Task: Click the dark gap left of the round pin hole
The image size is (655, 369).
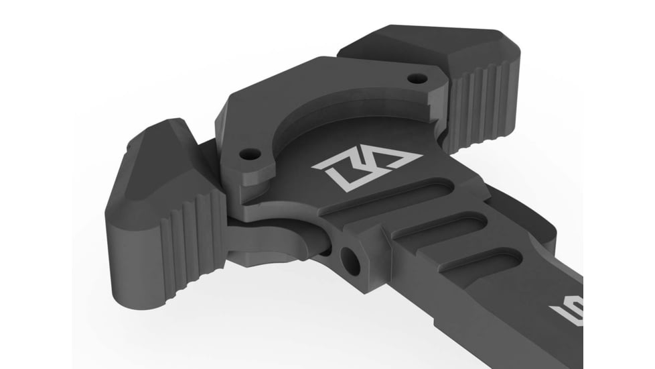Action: pyautogui.click(x=323, y=252)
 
